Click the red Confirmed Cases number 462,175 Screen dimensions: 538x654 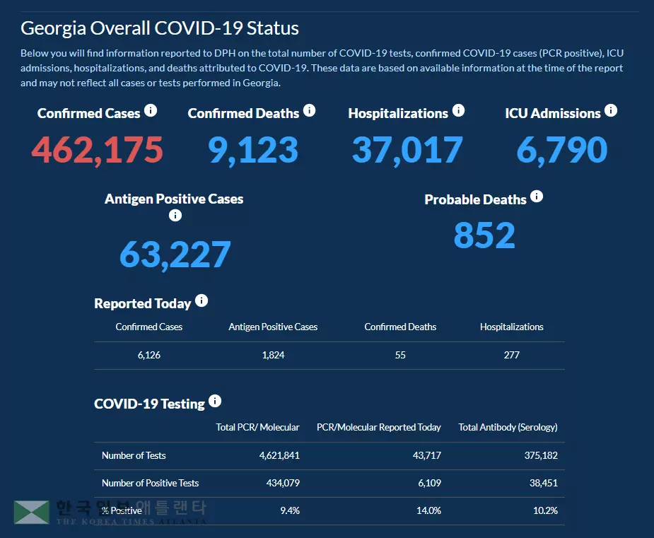pos(98,150)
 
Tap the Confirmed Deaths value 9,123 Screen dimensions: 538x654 pos(253,150)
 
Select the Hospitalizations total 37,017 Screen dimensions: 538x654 pos(407,150)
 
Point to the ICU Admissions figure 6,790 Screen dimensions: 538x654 pos(562,150)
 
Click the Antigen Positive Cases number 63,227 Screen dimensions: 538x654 pos(175,255)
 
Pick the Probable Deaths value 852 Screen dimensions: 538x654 pos(484,235)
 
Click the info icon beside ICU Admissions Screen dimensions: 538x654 pos(611,111)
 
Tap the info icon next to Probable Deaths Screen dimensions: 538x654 pos(537,197)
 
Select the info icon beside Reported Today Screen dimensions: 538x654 pos(202,301)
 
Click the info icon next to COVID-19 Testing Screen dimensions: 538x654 pos(215,402)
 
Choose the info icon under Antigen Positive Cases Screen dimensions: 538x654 pos(175,216)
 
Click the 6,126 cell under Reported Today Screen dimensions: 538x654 pos(149,355)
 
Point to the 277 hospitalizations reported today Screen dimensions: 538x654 pos(512,355)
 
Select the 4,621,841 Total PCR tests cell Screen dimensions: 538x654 pos(280,455)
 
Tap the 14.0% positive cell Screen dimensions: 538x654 pos(429,510)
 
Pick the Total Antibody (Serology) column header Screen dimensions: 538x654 pos(508,427)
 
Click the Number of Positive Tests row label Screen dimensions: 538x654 pos(150,483)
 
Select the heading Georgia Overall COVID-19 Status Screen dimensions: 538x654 pos(160,28)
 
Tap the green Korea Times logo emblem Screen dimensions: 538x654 pos(31,513)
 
